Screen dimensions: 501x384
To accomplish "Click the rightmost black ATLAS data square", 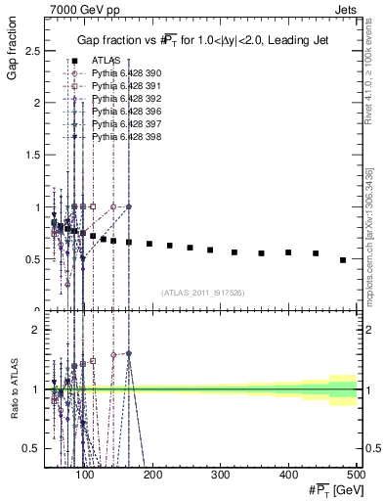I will coord(343,259).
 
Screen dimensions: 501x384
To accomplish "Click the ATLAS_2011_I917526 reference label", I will coord(201,293).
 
